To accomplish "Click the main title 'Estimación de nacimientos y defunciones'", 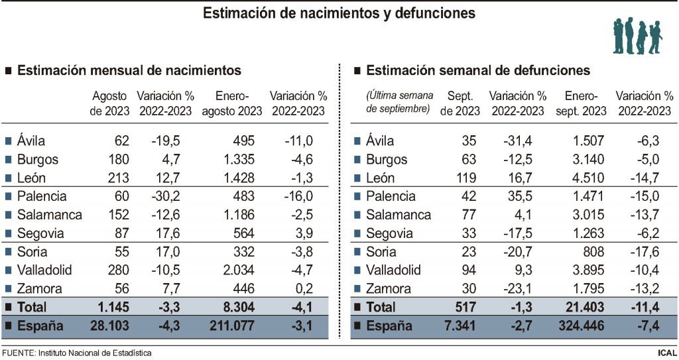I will (x=339, y=13).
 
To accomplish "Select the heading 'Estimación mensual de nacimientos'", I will (x=129, y=70).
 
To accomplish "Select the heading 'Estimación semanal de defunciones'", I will (x=477, y=70).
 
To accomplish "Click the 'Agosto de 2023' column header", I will (x=110, y=103).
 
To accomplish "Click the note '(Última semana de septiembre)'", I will (x=398, y=101).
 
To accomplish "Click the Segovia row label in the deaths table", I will (x=389, y=233).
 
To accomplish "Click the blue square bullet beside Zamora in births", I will (x=8, y=289).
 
